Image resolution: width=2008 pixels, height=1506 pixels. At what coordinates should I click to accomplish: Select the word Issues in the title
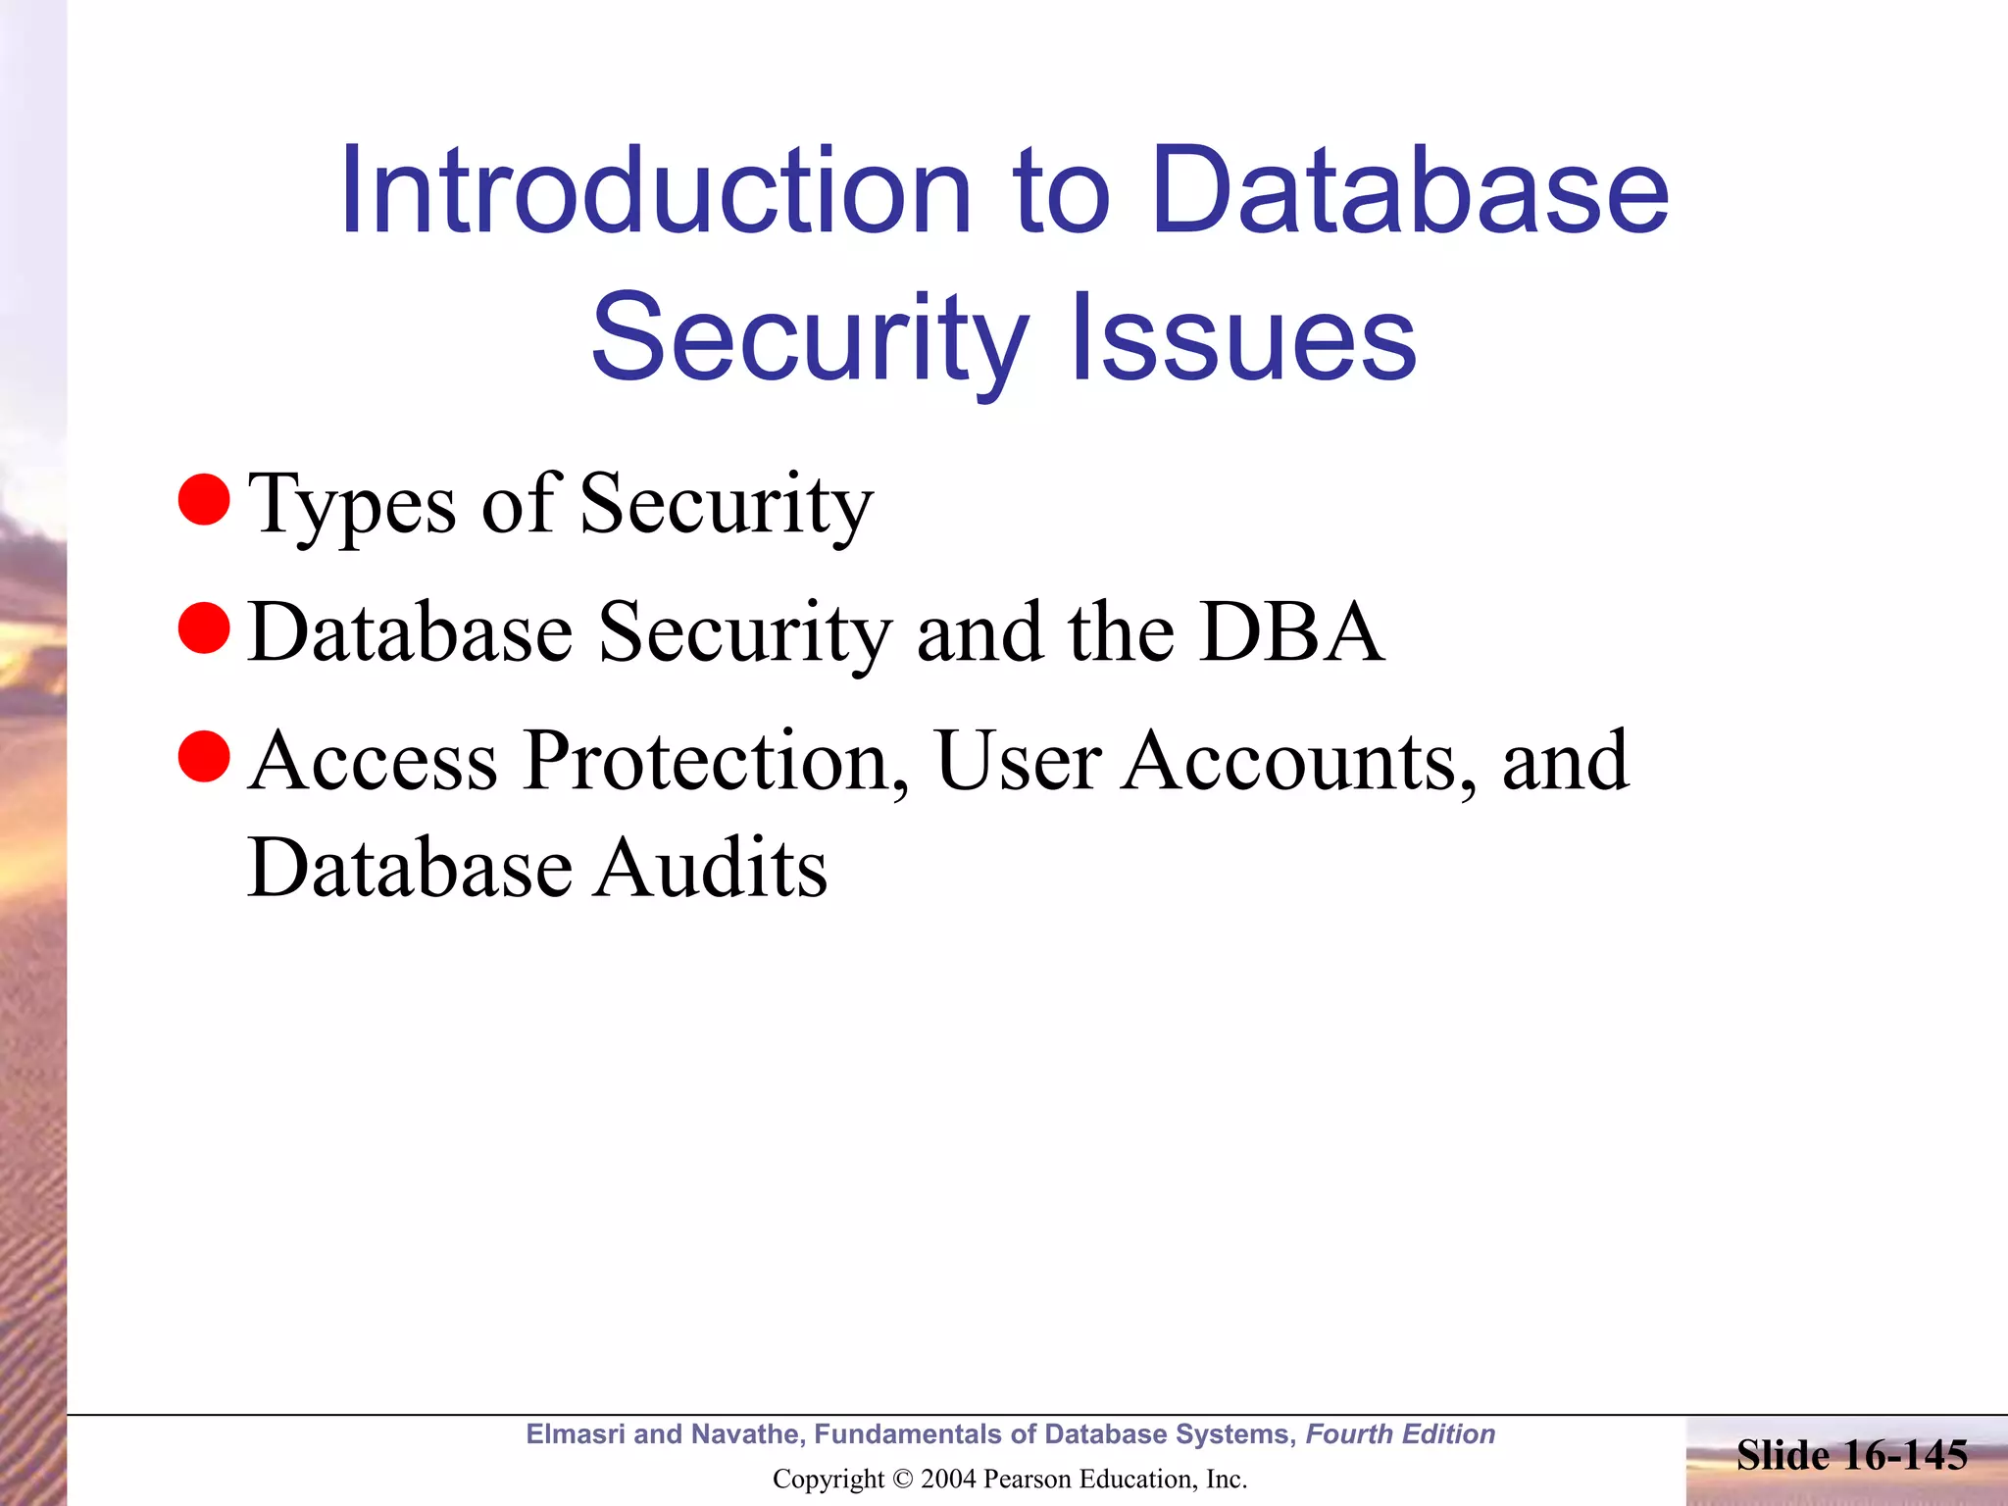1243,337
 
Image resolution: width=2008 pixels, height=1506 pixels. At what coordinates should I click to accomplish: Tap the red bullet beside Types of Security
204,499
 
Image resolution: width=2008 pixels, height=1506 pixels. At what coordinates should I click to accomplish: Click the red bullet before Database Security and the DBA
204,627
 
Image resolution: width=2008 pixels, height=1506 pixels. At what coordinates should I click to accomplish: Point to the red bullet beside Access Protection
204,756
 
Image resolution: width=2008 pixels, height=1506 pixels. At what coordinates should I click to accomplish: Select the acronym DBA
1291,631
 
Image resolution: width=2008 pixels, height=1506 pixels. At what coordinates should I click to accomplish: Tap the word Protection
716,761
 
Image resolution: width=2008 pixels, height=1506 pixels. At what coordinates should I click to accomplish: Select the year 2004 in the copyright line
948,1479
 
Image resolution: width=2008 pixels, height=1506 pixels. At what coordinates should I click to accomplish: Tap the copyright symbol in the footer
902,1479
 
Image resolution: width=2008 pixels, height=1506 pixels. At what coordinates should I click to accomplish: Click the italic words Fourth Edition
1400,1434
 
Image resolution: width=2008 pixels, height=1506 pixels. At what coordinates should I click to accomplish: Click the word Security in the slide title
810,337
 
